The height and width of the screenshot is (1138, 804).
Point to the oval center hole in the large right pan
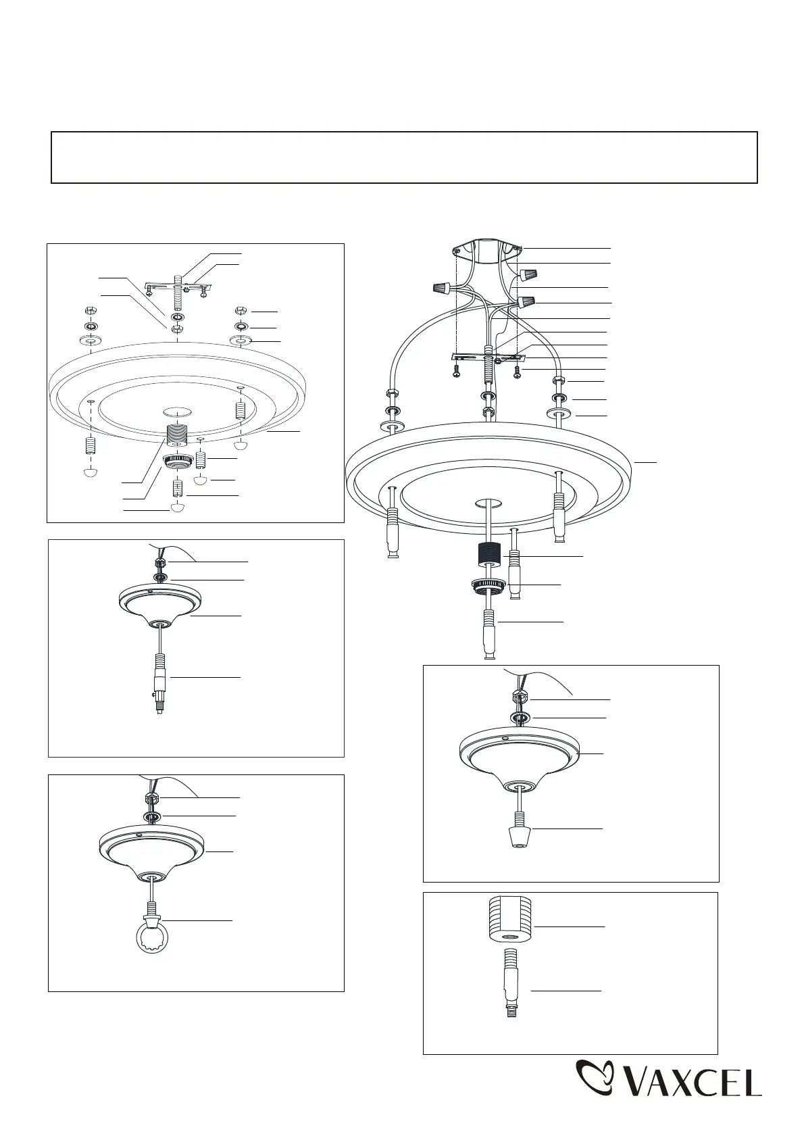[x=488, y=504]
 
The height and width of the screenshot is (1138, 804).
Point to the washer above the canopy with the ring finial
[x=151, y=816]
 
